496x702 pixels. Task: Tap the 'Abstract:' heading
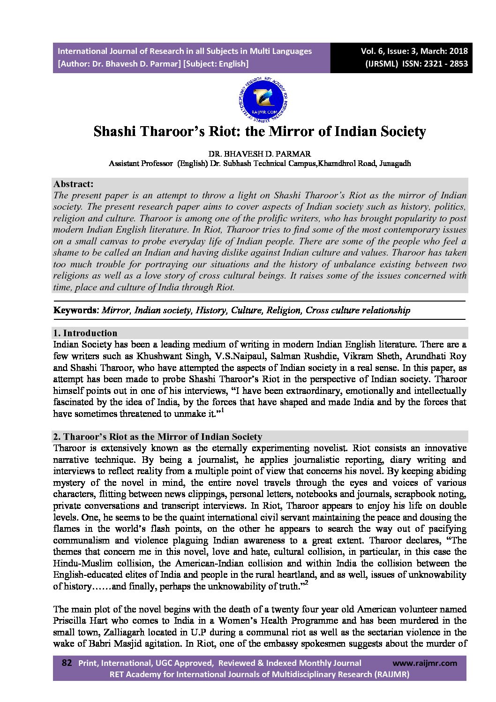(x=73, y=184)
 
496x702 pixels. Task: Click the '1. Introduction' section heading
(x=85, y=333)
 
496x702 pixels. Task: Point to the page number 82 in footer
(x=67, y=663)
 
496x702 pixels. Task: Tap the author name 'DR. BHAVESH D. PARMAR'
(x=260, y=154)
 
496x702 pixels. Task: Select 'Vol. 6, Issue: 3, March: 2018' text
(x=414, y=51)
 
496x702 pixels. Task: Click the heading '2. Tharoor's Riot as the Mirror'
(x=158, y=437)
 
